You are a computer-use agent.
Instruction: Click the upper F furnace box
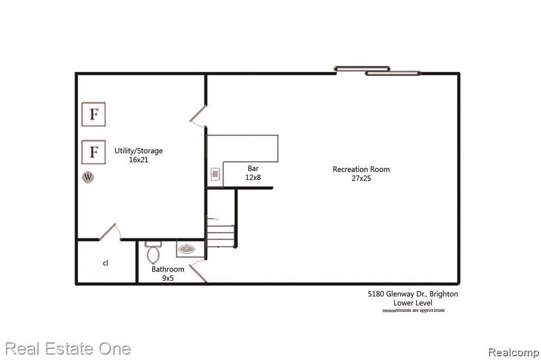tap(94, 114)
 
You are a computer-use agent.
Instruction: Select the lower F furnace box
tap(94, 152)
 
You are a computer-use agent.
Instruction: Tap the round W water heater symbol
tap(88, 177)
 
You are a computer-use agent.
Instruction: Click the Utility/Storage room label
tap(139, 151)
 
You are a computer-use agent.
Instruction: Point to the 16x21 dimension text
tap(138, 159)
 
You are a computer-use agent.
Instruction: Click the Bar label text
tap(253, 168)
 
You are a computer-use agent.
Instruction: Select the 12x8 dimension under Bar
tap(253, 177)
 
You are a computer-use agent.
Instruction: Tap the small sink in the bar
tap(216, 174)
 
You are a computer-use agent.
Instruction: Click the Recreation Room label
tap(361, 169)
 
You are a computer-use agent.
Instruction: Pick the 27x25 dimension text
tap(361, 178)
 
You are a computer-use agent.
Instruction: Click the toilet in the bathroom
tap(153, 252)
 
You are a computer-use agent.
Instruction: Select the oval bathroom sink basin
tap(186, 249)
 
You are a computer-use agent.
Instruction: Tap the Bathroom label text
tap(167, 269)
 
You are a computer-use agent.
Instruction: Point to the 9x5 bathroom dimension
tap(167, 278)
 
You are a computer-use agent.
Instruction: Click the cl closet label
tap(106, 263)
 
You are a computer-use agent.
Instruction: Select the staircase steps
tap(221, 232)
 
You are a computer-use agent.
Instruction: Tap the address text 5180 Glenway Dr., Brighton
tap(413, 294)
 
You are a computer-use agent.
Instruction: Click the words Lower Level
tap(413, 303)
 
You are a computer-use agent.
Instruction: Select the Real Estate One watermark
tap(68, 349)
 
